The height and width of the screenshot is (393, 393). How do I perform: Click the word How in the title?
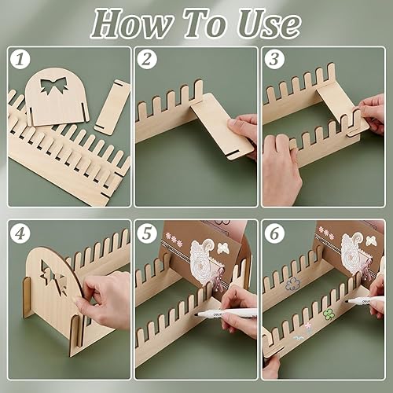click(x=132, y=24)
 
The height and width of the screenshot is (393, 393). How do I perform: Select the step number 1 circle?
click(x=20, y=60)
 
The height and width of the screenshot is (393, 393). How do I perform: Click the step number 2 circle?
click(x=147, y=60)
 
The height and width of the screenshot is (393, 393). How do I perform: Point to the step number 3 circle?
click(x=274, y=60)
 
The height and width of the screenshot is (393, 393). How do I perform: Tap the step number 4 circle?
click(x=20, y=233)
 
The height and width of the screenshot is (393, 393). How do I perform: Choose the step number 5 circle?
click(x=147, y=233)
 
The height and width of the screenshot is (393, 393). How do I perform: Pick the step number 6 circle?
click(x=274, y=233)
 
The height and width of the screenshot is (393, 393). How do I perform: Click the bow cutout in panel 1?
click(x=53, y=85)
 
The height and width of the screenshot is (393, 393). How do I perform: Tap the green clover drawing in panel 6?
click(x=329, y=314)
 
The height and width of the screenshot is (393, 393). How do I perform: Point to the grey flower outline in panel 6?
click(x=292, y=285)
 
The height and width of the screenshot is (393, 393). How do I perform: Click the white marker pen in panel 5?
click(x=226, y=313)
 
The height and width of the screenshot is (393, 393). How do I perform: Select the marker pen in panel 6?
click(x=365, y=300)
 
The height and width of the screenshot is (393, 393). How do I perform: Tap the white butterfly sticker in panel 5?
click(x=223, y=248)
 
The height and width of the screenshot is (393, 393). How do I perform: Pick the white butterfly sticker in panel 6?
click(x=370, y=241)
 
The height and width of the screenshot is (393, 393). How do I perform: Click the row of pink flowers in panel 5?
click(x=174, y=239)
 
